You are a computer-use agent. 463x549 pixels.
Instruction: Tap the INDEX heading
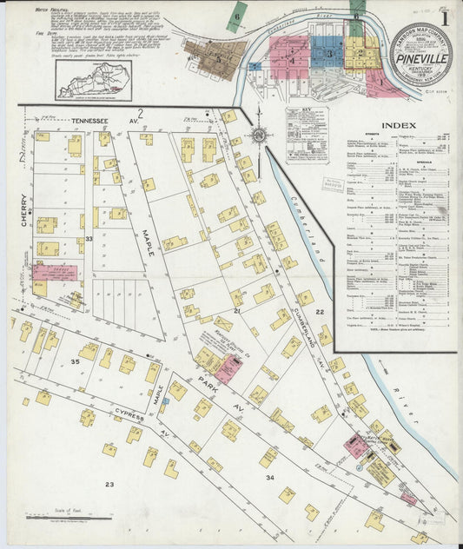(398, 125)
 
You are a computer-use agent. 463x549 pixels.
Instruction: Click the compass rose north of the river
(258, 135)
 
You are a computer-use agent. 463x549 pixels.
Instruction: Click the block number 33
(88, 240)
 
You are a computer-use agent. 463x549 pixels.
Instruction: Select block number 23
(109, 484)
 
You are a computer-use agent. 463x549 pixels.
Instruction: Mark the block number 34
(270, 478)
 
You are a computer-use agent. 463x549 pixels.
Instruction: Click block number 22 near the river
(320, 311)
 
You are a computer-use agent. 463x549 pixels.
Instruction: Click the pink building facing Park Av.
(228, 368)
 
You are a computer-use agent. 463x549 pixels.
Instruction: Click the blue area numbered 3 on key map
(327, 52)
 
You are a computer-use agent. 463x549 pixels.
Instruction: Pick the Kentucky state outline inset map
(92, 81)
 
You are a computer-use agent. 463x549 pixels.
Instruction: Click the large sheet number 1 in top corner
(444, 16)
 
